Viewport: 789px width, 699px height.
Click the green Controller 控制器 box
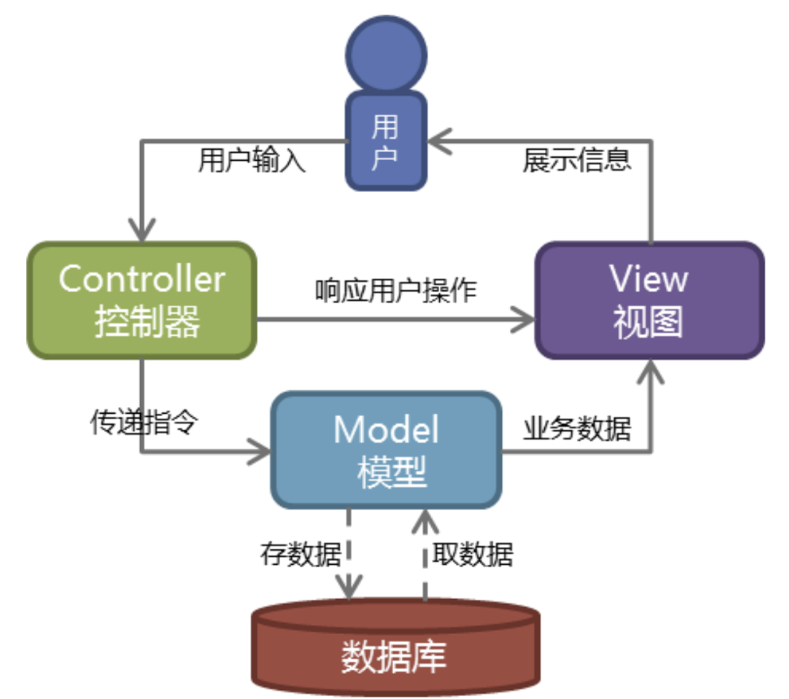point(142,300)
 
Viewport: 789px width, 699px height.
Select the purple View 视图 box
point(648,300)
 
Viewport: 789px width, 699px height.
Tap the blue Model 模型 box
point(386,449)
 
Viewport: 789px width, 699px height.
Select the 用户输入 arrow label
point(251,161)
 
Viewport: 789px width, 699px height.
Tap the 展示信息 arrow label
point(576,159)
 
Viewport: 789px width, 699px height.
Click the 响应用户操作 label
point(395,289)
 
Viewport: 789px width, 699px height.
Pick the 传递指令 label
point(143,423)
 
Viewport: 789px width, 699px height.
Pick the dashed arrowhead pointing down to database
point(350,587)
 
